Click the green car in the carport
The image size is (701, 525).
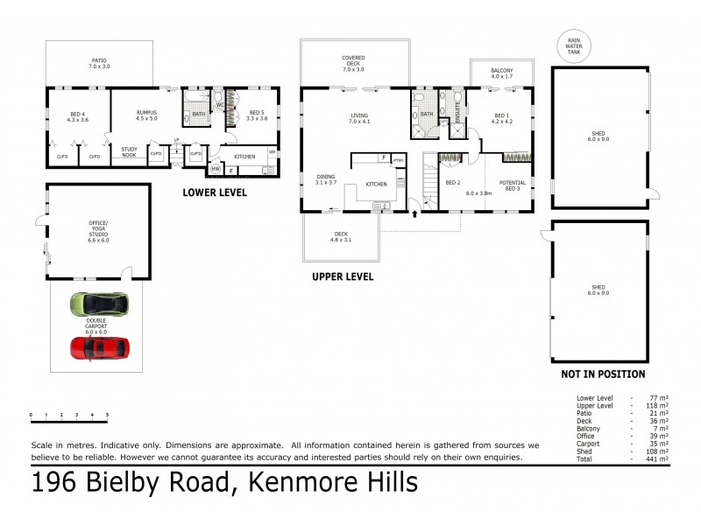(99, 305)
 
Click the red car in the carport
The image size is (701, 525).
(100, 348)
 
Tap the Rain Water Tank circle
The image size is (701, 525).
(574, 45)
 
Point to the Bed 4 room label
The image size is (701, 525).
(79, 116)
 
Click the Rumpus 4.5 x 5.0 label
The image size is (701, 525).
(145, 116)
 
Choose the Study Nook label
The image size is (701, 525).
(130, 152)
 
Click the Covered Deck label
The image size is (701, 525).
(353, 63)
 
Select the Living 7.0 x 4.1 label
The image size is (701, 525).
(359, 119)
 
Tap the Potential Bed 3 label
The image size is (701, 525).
(512, 185)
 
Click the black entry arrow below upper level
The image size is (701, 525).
(414, 213)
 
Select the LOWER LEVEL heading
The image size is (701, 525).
(215, 192)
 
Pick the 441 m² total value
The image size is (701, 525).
(658, 458)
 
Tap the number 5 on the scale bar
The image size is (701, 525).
(108, 415)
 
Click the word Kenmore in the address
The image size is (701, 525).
(288, 483)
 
